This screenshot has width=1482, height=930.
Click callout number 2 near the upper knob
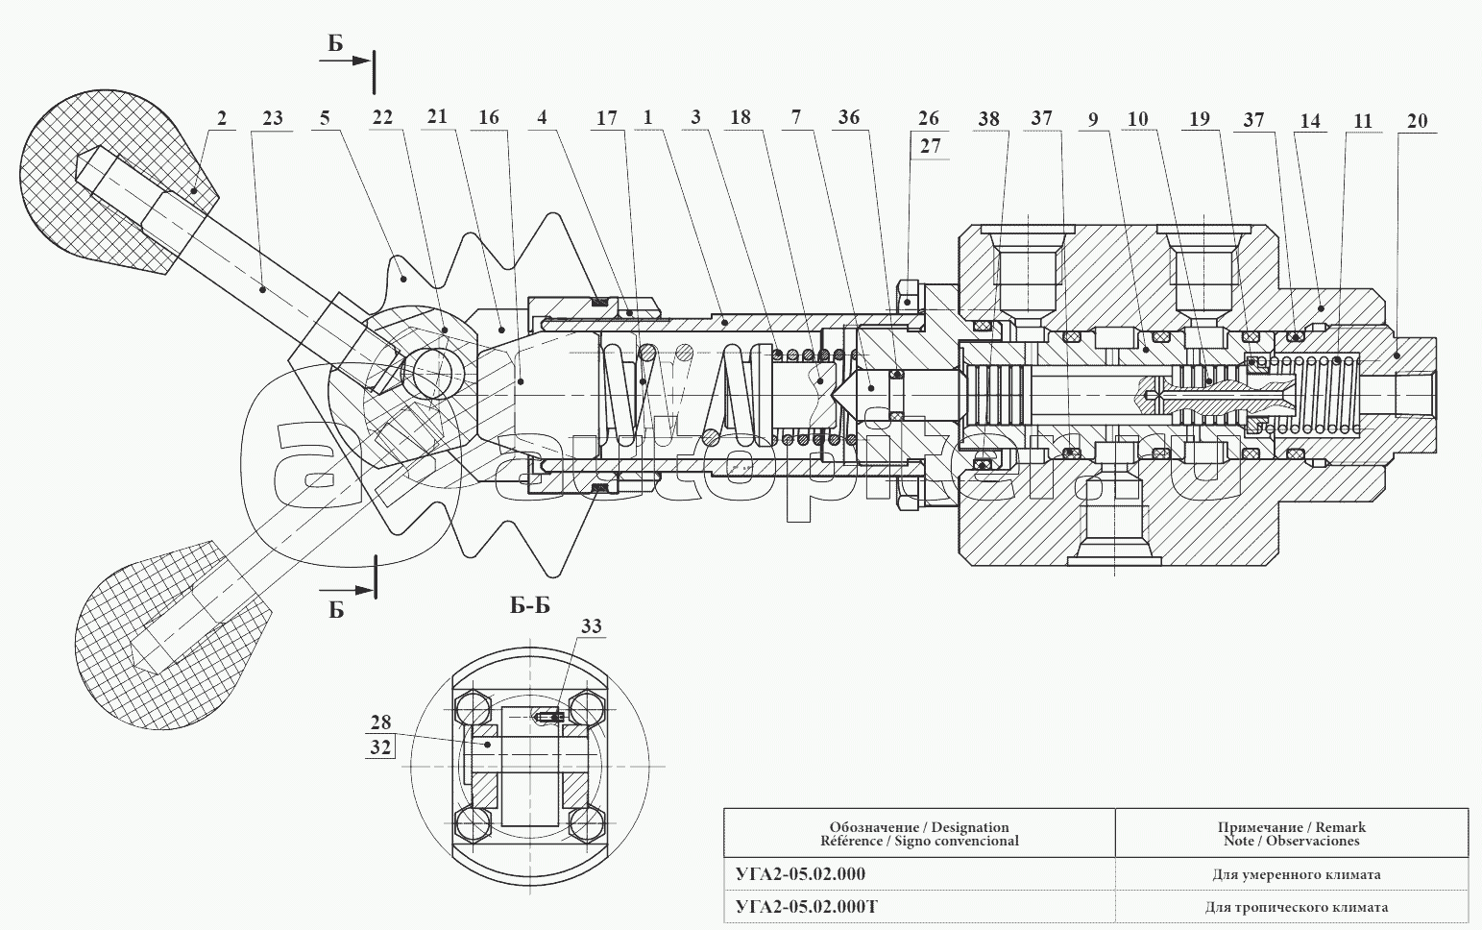pyautogui.click(x=222, y=118)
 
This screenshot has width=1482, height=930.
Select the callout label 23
pyautogui.click(x=272, y=118)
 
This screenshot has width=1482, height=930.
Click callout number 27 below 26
pyautogui.click(x=929, y=147)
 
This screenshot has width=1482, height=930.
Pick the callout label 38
pyautogui.click(x=988, y=119)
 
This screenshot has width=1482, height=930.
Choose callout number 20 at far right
pyautogui.click(x=1417, y=120)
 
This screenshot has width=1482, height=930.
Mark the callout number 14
pyautogui.click(x=1310, y=120)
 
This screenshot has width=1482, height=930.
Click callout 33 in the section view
pyautogui.click(x=591, y=627)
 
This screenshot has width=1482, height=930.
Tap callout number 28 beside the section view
pyautogui.click(x=380, y=722)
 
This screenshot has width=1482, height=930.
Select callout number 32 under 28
pyautogui.click(x=380, y=746)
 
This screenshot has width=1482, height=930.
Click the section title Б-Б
pyautogui.click(x=529, y=605)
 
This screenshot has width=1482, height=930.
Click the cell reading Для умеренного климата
pyautogui.click(x=1296, y=874)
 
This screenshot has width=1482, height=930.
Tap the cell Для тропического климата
pyautogui.click(x=1296, y=906)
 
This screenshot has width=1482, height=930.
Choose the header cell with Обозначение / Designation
pyautogui.click(x=919, y=833)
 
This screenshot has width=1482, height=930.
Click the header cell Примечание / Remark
pyautogui.click(x=1291, y=833)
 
